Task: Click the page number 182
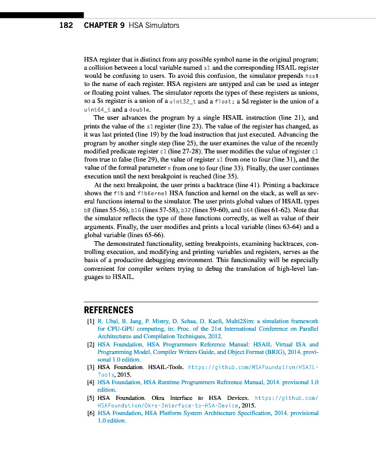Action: pos(67,26)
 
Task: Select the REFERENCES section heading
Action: pos(109,310)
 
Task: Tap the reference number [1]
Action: pos(89,321)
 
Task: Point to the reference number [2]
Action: pos(89,344)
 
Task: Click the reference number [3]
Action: pos(89,367)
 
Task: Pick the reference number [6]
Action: pos(89,413)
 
